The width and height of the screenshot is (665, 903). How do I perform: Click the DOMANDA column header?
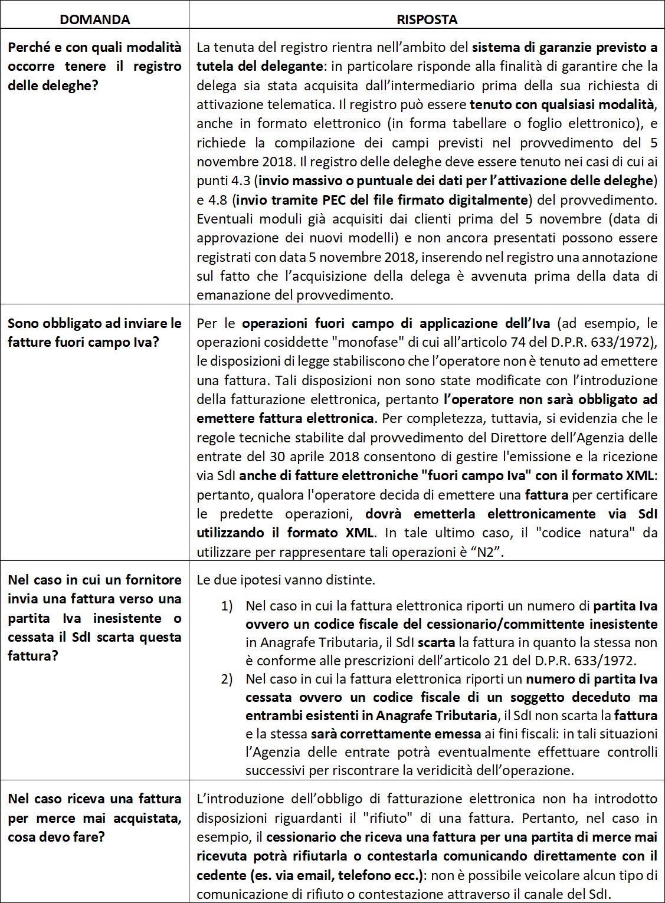click(x=94, y=19)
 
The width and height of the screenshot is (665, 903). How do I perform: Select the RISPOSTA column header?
click(x=427, y=19)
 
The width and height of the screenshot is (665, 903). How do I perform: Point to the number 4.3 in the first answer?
click(x=241, y=180)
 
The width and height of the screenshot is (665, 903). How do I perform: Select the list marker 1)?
click(x=227, y=606)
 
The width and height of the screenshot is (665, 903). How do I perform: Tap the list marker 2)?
click(x=227, y=679)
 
